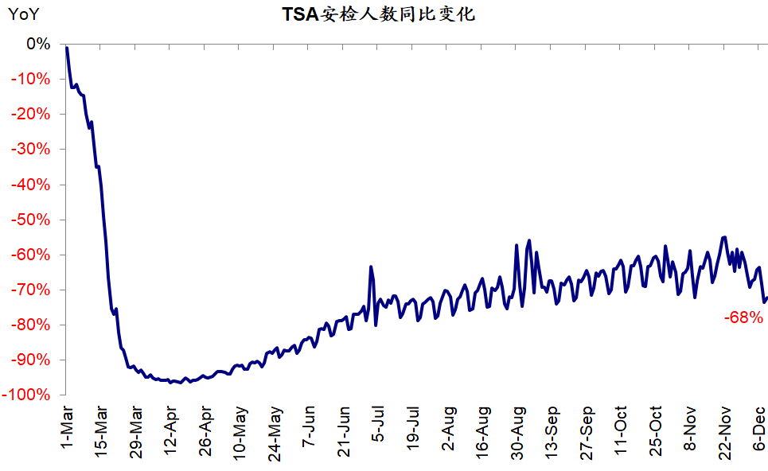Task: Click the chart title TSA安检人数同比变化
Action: (x=378, y=14)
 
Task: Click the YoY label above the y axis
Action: (x=24, y=14)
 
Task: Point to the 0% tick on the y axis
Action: (x=38, y=44)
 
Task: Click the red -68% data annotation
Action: (x=743, y=317)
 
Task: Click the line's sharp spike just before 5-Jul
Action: (x=371, y=267)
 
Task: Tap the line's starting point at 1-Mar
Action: (x=67, y=48)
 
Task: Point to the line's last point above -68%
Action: (x=766, y=298)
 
